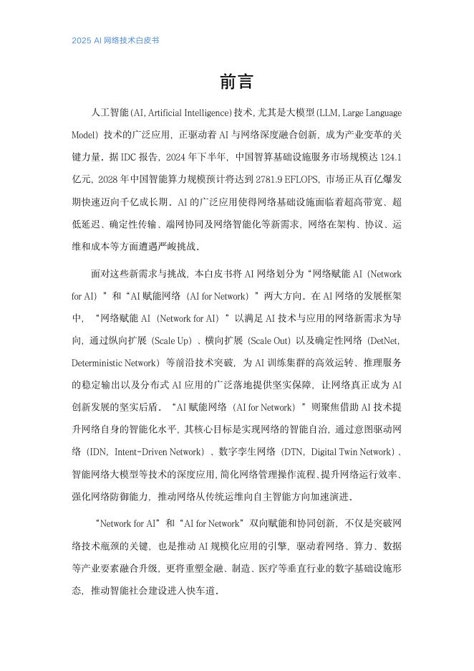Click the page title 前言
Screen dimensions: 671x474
[x=236, y=82]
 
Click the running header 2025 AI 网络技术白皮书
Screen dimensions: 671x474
[x=115, y=40]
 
